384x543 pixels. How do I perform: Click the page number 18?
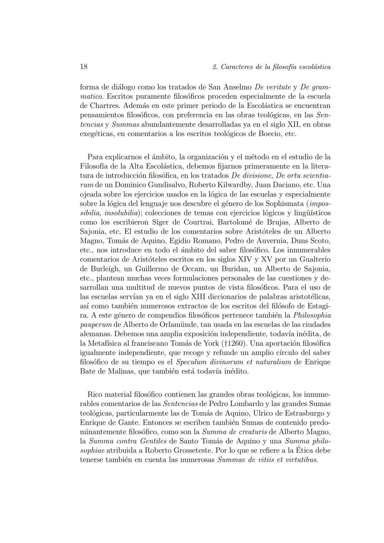click(84, 67)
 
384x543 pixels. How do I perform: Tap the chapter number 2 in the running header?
click(214, 67)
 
